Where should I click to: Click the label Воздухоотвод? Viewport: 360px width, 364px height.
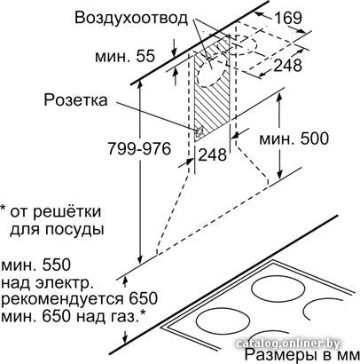point(131,18)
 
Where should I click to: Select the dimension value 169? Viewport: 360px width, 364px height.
point(288,18)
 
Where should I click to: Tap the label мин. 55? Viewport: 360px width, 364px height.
point(125,56)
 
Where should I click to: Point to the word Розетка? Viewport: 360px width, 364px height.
point(75,100)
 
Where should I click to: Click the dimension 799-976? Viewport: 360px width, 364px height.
point(139,148)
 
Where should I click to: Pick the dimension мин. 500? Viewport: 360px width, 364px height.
point(293,138)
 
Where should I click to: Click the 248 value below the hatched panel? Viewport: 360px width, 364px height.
point(212,154)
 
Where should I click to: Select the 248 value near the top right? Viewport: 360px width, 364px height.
point(287,66)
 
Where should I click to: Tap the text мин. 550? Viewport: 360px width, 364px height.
point(36,265)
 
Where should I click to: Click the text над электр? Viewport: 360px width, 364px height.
point(47,283)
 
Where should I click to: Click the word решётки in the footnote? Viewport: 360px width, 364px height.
point(67,212)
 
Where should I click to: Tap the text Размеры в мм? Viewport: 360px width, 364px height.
point(301,355)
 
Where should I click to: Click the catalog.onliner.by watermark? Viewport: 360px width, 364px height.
point(288,344)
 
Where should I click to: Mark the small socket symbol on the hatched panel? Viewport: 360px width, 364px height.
point(200,131)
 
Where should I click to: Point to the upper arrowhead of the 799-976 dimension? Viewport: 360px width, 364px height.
point(140,86)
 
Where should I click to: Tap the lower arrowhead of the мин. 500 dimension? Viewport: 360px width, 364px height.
point(280,173)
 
